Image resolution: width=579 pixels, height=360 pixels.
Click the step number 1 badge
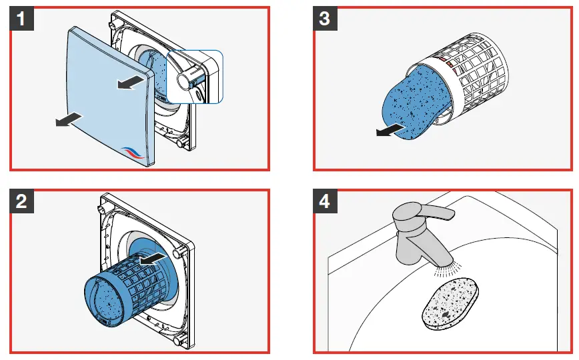pos(22,18)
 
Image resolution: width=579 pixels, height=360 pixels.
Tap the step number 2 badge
pos(22,201)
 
